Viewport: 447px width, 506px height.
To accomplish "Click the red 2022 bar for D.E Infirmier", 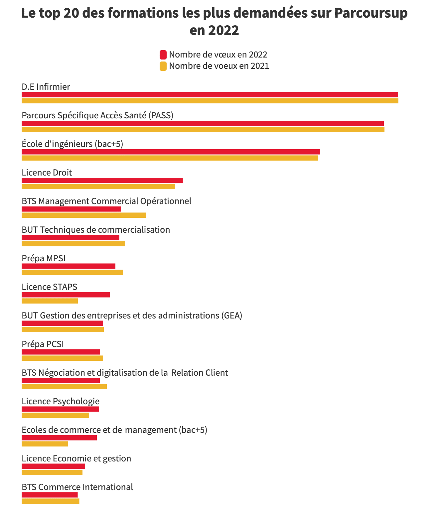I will coord(210,95).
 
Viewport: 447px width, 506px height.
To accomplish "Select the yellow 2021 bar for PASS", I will coord(203,129).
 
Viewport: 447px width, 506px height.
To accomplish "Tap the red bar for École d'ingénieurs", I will coord(171,152).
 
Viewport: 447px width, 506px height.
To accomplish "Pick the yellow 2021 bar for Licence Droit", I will coord(98,187).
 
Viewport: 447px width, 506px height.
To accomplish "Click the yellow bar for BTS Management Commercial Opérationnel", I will coord(84,215).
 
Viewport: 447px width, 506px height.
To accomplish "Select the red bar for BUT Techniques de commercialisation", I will coord(70,238).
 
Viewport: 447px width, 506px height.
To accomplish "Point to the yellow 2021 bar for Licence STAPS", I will coord(50,301).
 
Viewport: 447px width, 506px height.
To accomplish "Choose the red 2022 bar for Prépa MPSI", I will coord(68,266).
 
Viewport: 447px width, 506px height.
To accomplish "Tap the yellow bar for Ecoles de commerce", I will coord(45,444).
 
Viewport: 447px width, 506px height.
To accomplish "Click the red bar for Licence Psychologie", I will coord(60,409).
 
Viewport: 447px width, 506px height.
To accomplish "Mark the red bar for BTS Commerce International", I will coord(50,495).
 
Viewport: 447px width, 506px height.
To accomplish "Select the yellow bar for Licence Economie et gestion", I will coord(52,472).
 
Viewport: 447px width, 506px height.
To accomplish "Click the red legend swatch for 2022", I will coord(163,55).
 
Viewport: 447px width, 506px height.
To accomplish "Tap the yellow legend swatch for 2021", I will coord(163,66).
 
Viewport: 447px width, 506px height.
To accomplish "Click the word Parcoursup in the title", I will coord(371,13).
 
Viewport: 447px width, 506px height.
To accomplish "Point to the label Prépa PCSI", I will coord(43,344).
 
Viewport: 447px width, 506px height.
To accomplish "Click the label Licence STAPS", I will coord(49,287).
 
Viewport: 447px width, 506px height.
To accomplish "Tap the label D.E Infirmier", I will coord(46,87).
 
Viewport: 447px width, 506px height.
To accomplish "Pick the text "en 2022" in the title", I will coord(214,31).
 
